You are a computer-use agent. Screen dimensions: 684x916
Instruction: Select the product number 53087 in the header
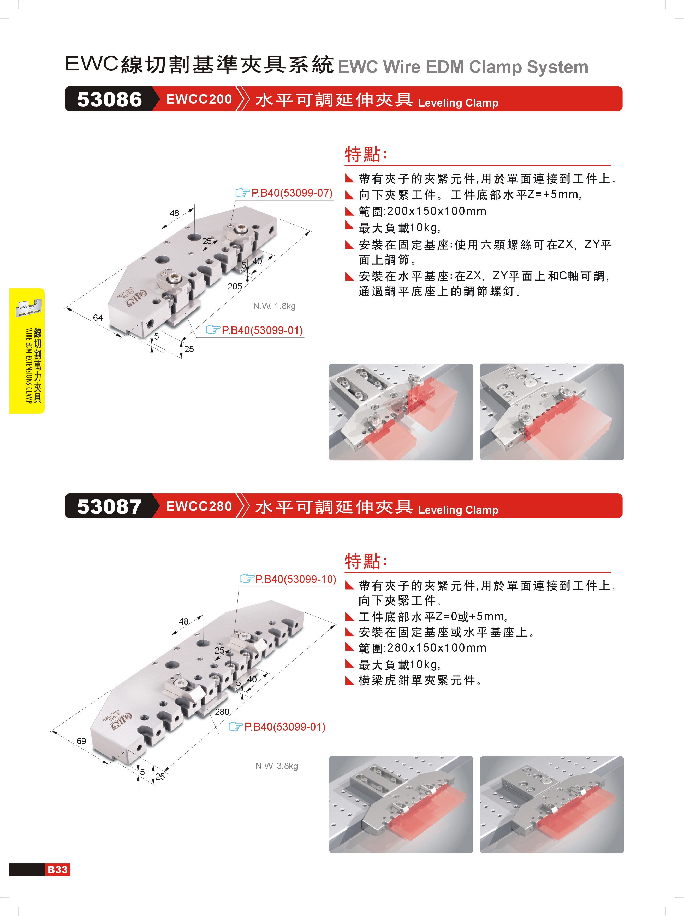[x=109, y=506]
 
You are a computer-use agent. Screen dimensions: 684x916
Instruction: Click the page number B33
[x=57, y=870]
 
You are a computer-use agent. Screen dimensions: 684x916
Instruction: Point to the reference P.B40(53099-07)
[x=292, y=193]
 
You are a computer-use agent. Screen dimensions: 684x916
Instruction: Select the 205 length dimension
[x=235, y=286]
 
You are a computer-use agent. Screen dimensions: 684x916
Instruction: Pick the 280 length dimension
[x=222, y=711]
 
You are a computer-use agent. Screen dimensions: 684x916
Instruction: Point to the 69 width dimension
[x=81, y=741]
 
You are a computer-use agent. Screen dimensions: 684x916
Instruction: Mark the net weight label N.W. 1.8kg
[x=274, y=306]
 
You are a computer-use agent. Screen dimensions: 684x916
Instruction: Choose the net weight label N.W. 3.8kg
[x=276, y=766]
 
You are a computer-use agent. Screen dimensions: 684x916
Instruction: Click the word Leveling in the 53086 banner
[x=440, y=103]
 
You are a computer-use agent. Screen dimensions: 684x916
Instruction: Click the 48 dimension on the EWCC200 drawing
[x=174, y=213]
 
